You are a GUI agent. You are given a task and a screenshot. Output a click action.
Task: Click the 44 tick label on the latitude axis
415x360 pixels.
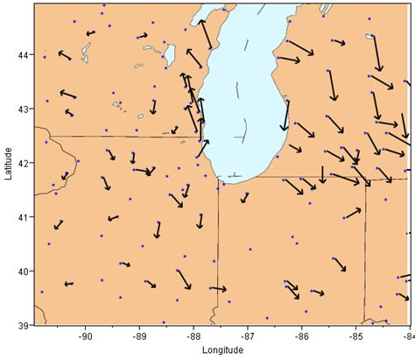coord(23,55)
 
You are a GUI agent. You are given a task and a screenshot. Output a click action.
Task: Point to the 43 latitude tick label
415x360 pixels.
coord(23,109)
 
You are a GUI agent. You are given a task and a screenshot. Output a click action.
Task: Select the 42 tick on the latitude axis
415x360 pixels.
coord(23,163)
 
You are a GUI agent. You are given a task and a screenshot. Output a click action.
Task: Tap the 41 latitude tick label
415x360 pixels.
coord(23,217)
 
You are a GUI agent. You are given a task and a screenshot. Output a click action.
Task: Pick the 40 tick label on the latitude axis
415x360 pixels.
coord(23,272)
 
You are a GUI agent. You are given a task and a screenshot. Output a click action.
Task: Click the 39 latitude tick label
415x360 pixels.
coord(23,325)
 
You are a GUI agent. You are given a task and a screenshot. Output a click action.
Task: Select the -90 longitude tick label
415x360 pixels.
coord(85,335)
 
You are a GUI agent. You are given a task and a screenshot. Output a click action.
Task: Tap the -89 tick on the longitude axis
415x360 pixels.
coord(139,335)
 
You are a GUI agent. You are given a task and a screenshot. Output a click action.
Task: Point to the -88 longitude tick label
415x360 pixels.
coord(193,335)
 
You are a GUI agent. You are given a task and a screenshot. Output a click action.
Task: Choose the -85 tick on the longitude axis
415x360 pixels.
coord(355,335)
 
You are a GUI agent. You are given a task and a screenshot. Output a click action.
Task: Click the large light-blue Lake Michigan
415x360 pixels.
coord(245,96)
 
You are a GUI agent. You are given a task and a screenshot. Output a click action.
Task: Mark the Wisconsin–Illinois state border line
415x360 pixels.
coord(123,137)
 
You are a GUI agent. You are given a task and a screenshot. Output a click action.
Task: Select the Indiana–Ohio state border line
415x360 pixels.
coord(366,254)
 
